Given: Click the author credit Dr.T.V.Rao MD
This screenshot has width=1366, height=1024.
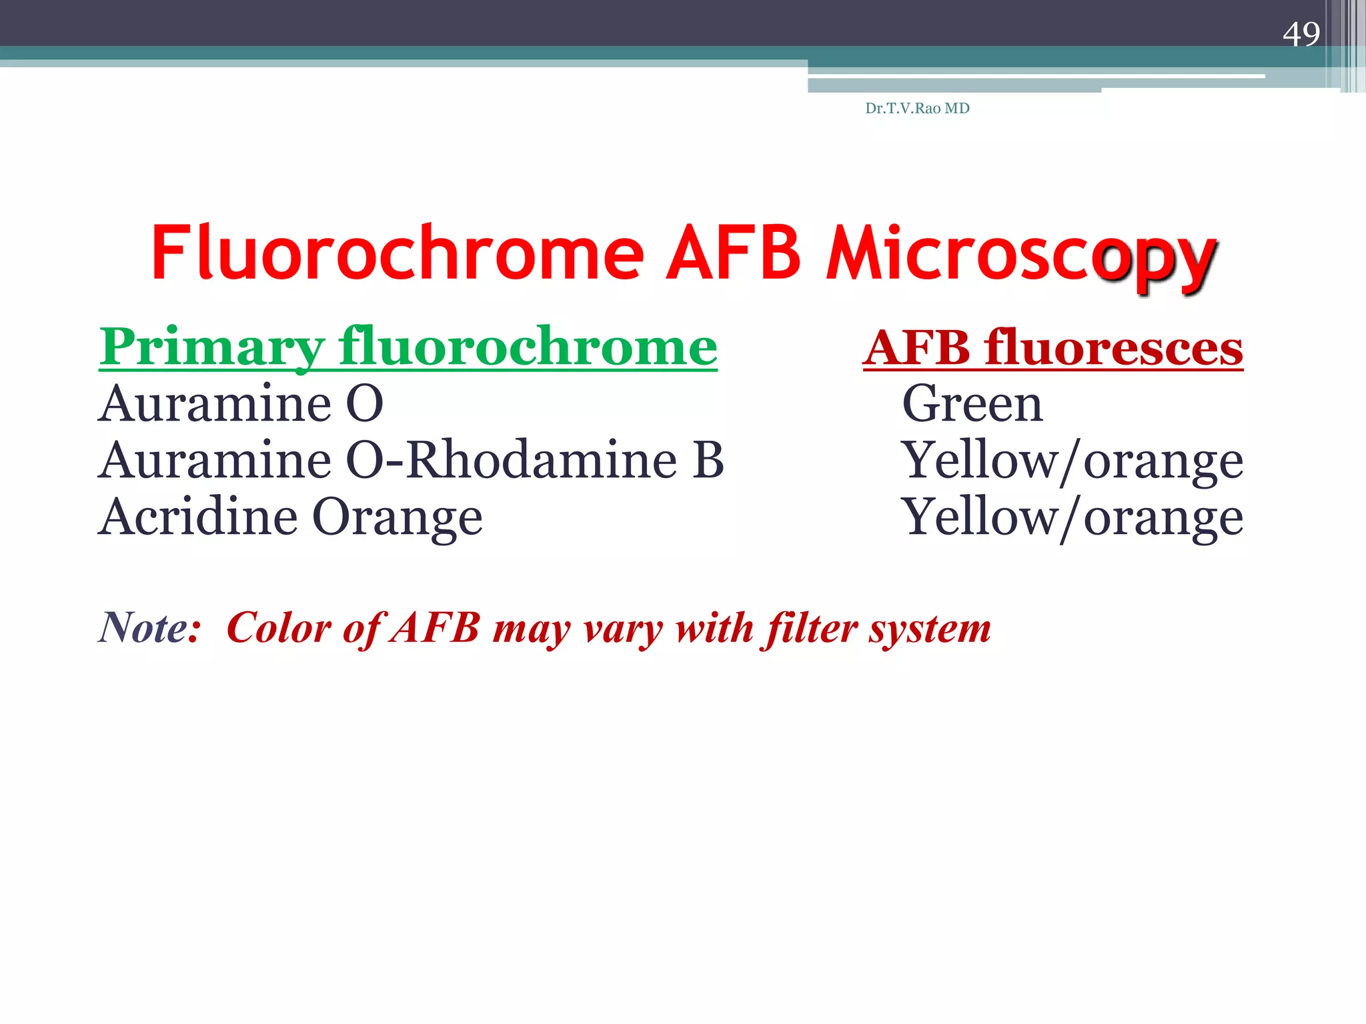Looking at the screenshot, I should point(917,108).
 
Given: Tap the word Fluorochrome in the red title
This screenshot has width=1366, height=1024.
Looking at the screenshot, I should point(398,253).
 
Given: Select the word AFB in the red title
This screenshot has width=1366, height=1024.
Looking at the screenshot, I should point(734,253).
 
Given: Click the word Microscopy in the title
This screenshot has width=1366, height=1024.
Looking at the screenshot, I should point(1020,257).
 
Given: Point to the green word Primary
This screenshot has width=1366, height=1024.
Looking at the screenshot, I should point(212,348).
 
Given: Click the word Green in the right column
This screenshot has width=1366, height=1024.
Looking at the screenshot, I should point(972,404).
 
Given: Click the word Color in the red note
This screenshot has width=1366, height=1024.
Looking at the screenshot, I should point(279,628).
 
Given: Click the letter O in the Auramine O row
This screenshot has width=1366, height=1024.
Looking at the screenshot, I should point(365,404).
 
